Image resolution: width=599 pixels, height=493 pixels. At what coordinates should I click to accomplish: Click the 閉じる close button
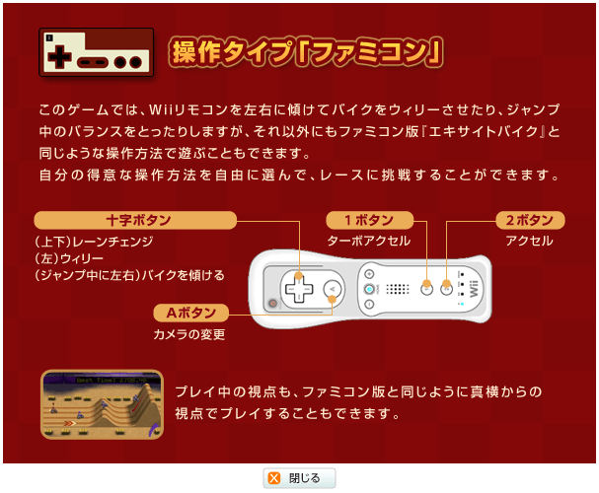point(299,478)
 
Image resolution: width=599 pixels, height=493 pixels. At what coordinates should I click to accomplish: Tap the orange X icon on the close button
point(274,478)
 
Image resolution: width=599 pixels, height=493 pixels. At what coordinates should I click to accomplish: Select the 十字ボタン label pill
point(135,220)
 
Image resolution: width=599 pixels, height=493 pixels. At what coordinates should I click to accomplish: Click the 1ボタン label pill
point(369,220)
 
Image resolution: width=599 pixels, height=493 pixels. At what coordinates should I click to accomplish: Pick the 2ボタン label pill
point(530,220)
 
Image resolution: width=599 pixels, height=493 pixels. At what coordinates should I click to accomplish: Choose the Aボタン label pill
point(191,313)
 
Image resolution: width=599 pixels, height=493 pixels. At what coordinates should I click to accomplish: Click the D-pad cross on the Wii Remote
point(299,289)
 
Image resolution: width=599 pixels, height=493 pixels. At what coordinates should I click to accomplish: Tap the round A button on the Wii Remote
point(332,289)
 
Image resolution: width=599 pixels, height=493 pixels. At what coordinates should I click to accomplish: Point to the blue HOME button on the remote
point(369,289)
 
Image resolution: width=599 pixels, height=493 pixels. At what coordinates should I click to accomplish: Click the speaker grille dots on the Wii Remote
point(398,289)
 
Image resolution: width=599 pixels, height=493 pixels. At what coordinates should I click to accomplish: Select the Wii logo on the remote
point(474,289)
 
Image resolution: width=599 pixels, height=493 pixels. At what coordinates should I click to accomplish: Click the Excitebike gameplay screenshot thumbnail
point(102,404)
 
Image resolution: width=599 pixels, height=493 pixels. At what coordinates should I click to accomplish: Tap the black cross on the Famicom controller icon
point(59,57)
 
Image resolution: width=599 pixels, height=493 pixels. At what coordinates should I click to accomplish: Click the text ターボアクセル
point(369,241)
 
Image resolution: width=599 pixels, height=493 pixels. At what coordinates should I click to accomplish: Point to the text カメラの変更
point(189,334)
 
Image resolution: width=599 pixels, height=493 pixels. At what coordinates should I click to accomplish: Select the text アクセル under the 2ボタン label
point(530,241)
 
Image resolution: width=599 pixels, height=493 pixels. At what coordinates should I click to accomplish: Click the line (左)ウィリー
point(69,258)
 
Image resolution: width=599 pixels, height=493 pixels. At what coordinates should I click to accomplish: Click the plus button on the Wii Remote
point(369,274)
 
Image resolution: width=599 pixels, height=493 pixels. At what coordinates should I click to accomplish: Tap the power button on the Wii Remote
point(272,304)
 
